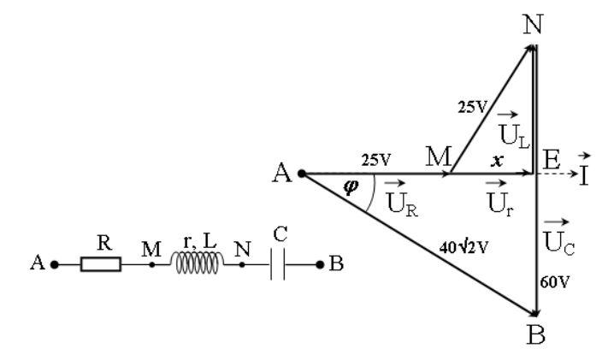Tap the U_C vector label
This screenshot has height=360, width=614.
[x=558, y=235]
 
